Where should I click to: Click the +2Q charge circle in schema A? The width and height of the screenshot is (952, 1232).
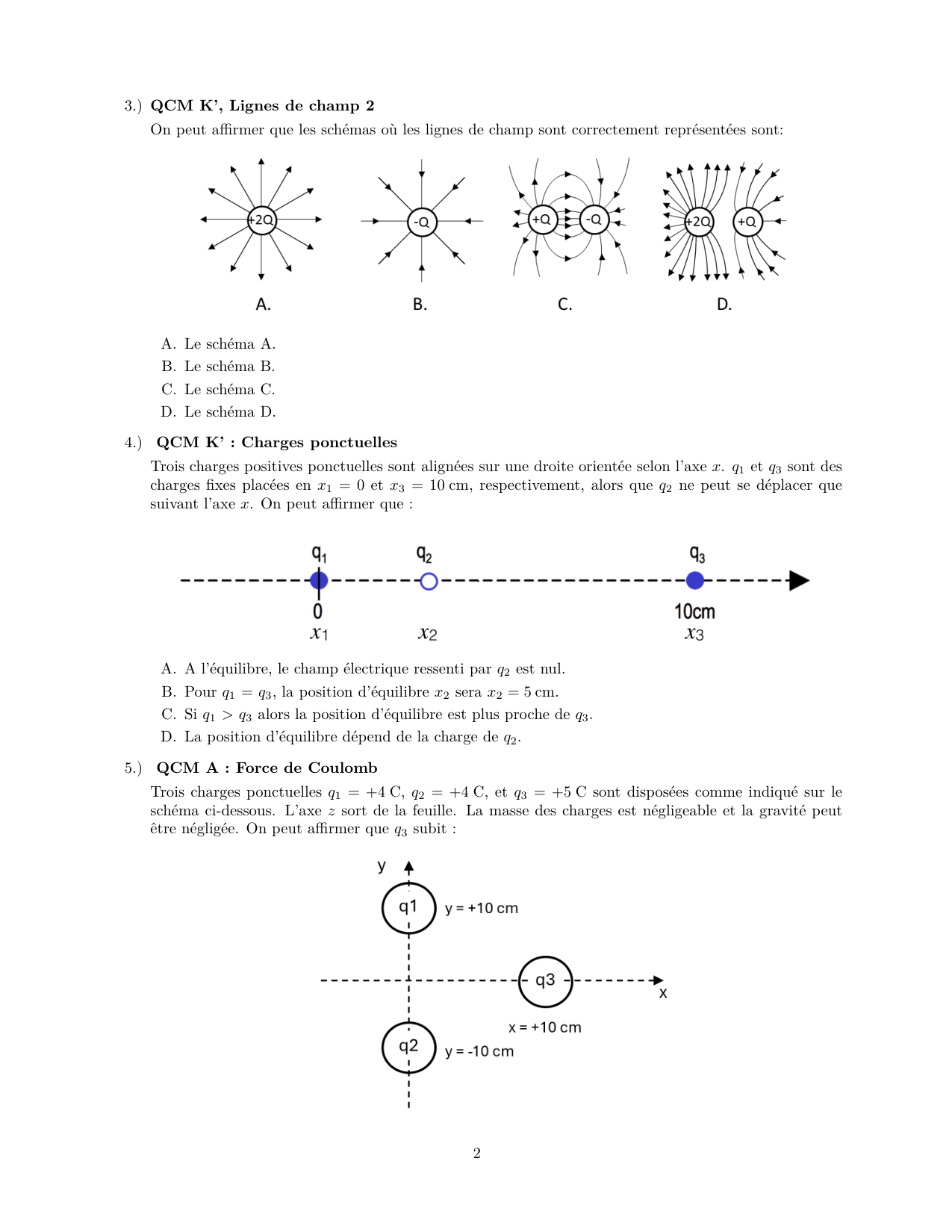tap(261, 220)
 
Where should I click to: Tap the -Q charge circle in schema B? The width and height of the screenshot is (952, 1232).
tap(422, 222)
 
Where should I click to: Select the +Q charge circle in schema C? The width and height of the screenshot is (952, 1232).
tap(541, 220)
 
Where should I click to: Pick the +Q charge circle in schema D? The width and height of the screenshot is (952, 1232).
tap(747, 222)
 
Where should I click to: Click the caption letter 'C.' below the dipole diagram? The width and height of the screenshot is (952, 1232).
tap(565, 305)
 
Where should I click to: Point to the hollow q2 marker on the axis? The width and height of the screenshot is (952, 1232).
tap(429, 581)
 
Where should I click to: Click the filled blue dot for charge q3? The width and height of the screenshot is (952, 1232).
tap(695, 580)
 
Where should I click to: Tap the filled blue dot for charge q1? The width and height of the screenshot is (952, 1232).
tap(319, 580)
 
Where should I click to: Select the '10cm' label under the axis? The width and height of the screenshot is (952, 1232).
tap(694, 612)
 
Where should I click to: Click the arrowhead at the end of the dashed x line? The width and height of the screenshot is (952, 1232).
tap(800, 581)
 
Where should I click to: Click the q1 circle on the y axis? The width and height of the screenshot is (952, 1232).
tap(408, 908)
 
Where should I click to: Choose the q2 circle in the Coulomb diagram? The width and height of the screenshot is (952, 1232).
tap(408, 1047)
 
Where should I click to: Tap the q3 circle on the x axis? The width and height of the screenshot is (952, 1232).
tap(546, 981)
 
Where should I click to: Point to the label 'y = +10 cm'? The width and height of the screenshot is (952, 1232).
tap(482, 909)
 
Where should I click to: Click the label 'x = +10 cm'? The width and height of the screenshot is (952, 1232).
tap(544, 1027)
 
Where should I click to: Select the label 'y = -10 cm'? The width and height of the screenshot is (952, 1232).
tap(479, 1051)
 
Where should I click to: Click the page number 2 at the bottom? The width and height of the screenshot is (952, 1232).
tap(477, 1154)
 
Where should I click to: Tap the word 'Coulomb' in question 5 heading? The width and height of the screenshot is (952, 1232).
tap(343, 768)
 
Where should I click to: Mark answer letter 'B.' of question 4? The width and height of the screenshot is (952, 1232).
tap(169, 692)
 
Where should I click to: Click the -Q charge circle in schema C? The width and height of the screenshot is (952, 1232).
tap(594, 220)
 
